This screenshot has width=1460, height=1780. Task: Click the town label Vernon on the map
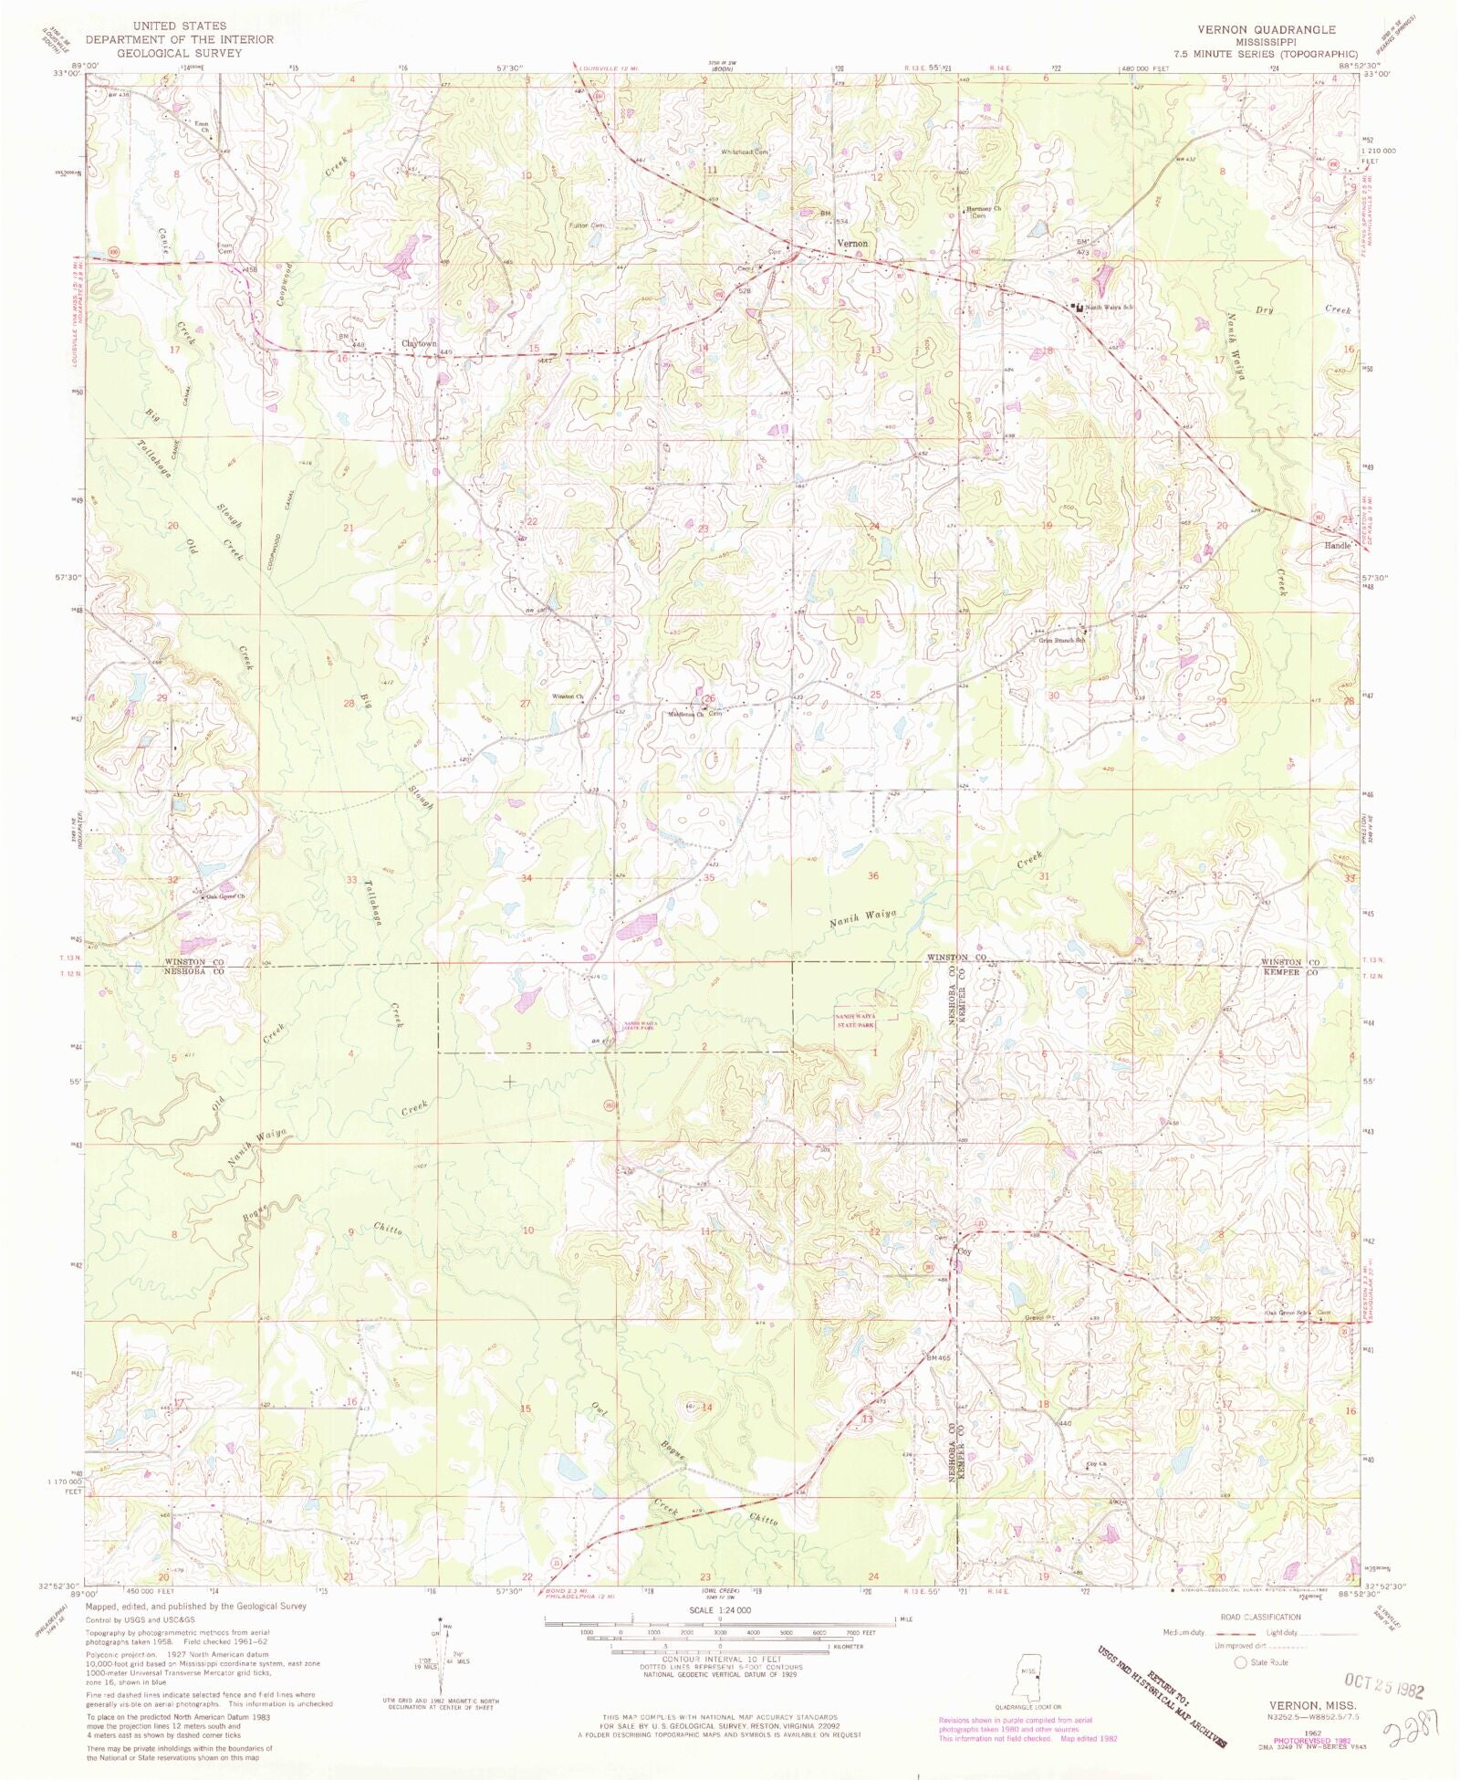pos(853,244)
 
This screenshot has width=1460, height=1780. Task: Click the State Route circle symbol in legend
pos(1239,1662)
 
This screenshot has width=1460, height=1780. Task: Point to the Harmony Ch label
pos(985,209)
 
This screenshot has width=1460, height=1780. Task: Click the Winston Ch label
pos(566,696)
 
